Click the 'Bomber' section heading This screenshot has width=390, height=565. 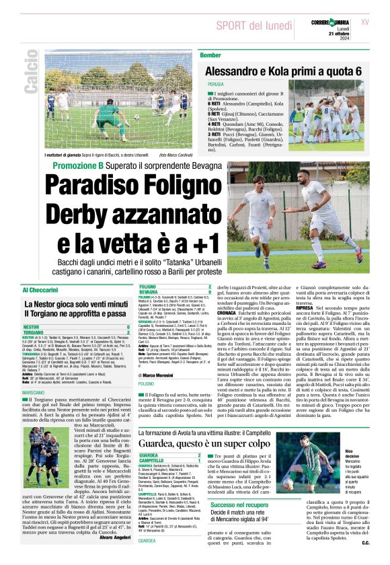(210, 54)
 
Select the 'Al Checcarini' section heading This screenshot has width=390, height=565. (42, 290)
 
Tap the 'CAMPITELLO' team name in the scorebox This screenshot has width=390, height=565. (152, 460)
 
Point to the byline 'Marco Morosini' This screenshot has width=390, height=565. (165, 375)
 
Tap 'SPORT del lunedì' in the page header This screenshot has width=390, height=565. (255, 25)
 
